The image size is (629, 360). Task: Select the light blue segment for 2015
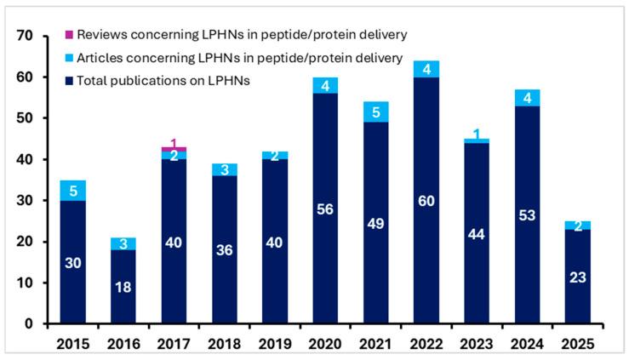[x=74, y=190]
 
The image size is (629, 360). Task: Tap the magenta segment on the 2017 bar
[x=174, y=149]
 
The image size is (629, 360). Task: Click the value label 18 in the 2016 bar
[x=123, y=288]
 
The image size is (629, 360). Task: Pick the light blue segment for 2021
[x=376, y=111]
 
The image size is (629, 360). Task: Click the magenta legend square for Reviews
[x=70, y=34]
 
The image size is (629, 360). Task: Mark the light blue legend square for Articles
[x=70, y=57]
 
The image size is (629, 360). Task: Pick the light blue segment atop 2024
[x=527, y=98]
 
